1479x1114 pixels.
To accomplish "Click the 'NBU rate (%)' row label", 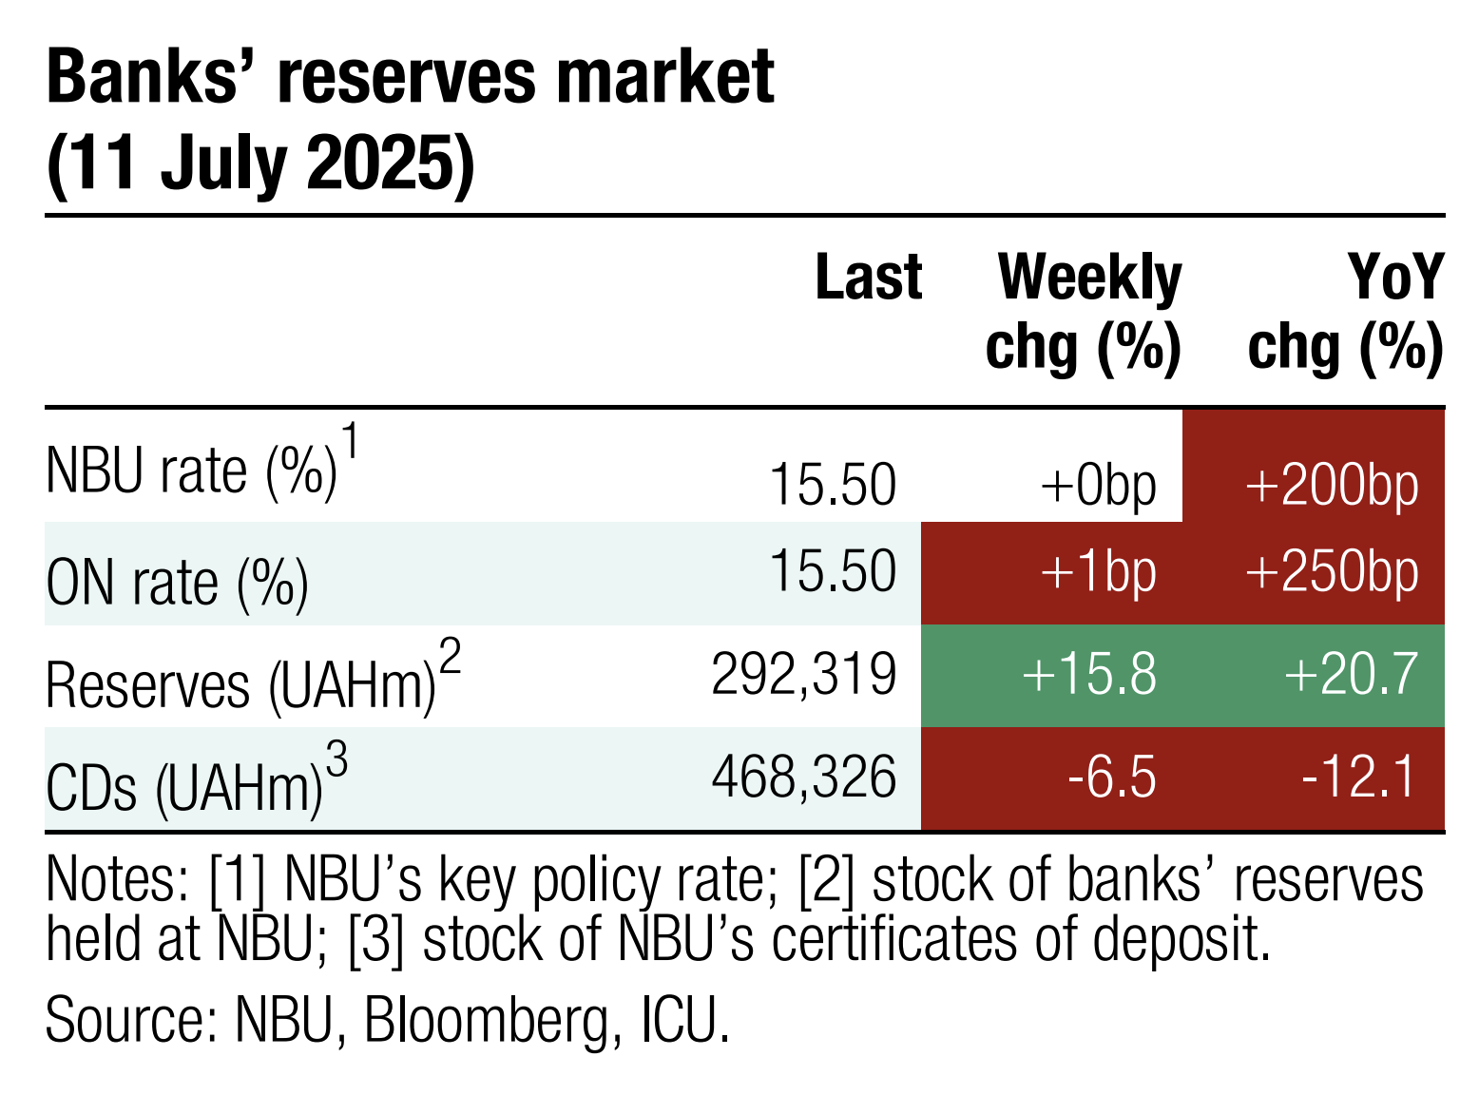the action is coord(191,471).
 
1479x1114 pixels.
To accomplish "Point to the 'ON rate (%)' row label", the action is coord(177,584).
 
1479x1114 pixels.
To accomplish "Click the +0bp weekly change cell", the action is coord(1098,485).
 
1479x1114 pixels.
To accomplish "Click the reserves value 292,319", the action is coord(804,675).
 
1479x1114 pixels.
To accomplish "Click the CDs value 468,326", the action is coord(804,778).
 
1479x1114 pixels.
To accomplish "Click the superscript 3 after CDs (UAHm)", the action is coord(336,759).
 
